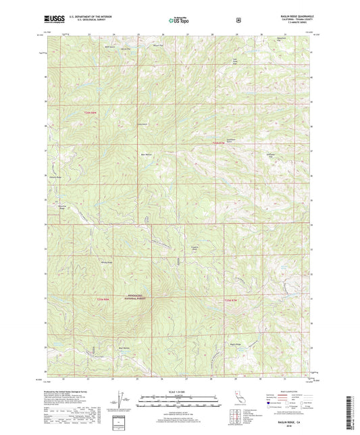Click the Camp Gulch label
(143, 124)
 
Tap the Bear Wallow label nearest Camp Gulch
(146, 155)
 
